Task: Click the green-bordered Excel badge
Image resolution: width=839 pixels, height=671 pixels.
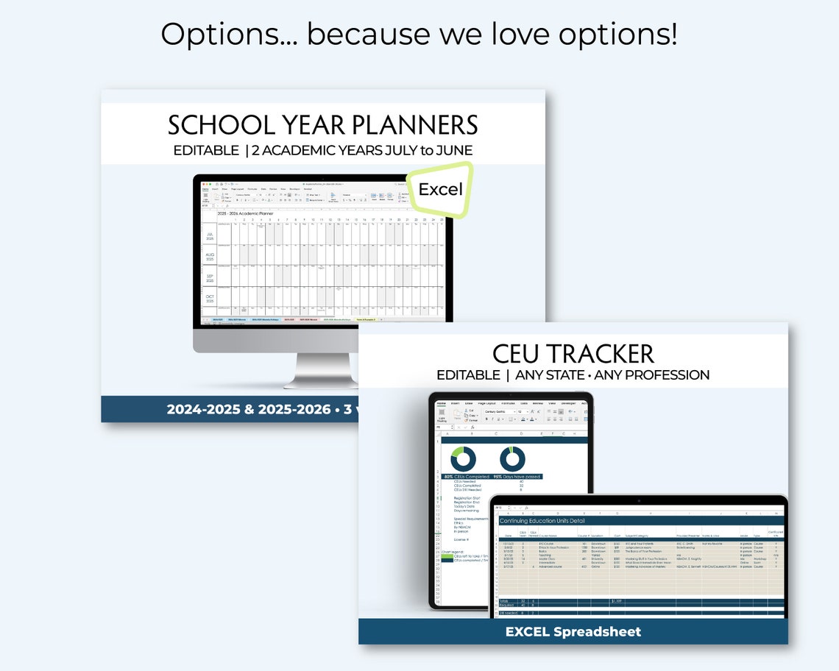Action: click(x=440, y=190)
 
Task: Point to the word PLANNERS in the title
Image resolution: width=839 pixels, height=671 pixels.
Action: click(x=415, y=125)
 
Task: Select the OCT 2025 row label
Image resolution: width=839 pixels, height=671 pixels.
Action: click(x=210, y=299)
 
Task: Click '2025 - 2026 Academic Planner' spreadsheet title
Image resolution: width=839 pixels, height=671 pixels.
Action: click(x=245, y=213)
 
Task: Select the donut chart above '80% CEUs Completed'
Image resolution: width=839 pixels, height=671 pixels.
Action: click(x=463, y=458)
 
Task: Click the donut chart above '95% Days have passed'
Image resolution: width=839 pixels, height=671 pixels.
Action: click(x=512, y=458)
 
